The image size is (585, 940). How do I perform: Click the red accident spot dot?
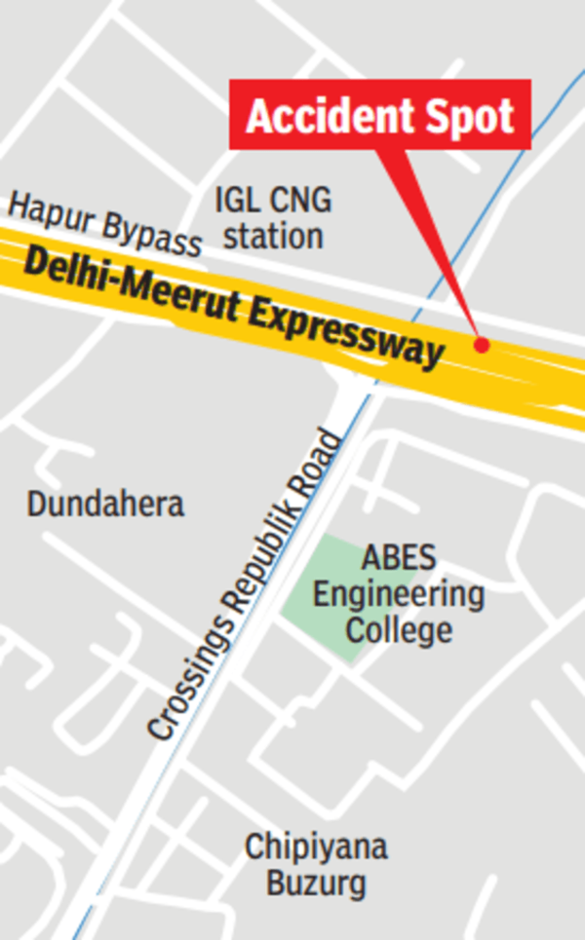click(481, 344)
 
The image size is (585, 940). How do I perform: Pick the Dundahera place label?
click(105, 505)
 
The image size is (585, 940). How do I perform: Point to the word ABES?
click(399, 559)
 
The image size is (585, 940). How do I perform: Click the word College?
click(399, 629)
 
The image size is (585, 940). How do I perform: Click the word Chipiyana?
click(316, 847)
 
